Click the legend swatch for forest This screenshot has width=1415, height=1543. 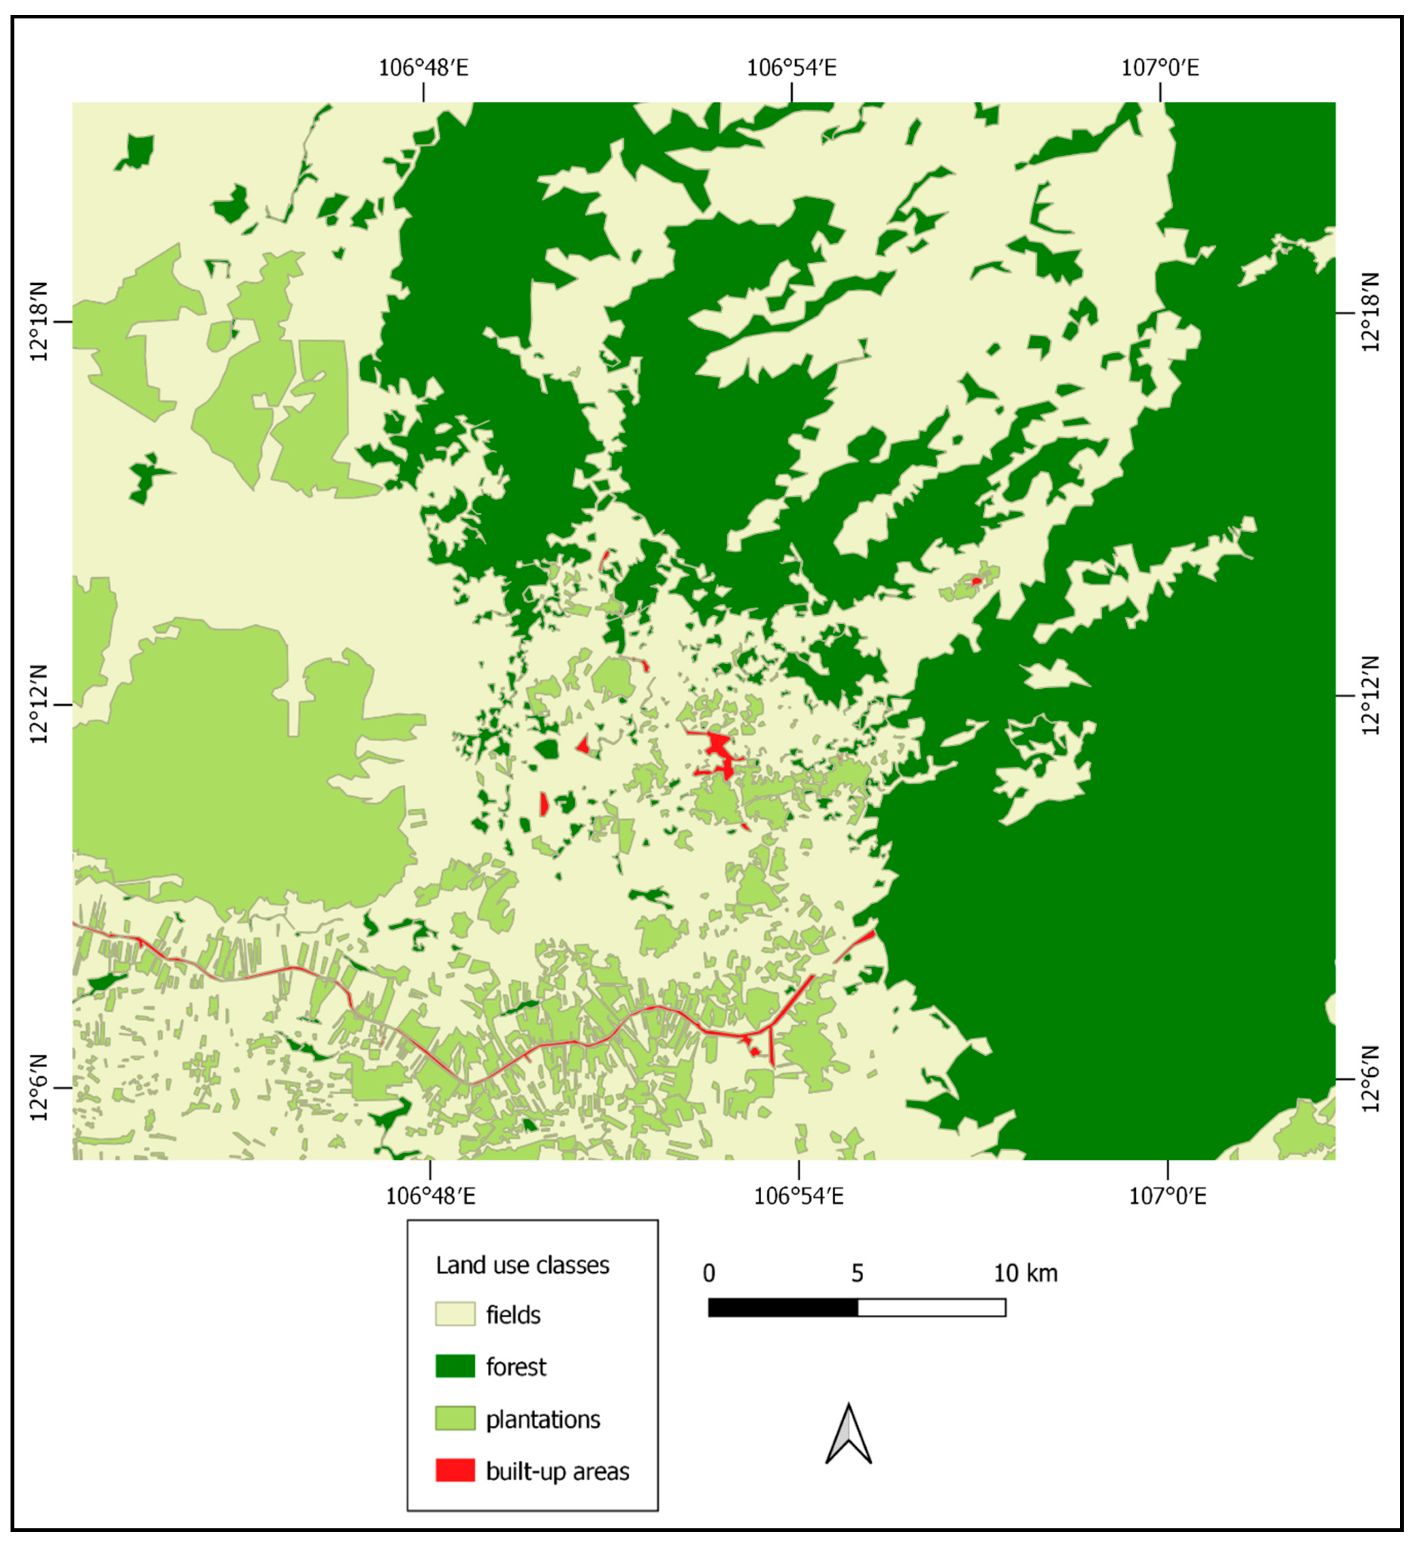pyautogui.click(x=455, y=1366)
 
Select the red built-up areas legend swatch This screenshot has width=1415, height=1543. pyautogui.click(x=455, y=1471)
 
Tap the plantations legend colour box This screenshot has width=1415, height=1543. pyautogui.click(x=455, y=1419)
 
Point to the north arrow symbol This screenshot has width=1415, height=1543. pyautogui.click(x=848, y=1434)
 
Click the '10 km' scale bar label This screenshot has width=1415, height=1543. pyautogui.click(x=1025, y=1273)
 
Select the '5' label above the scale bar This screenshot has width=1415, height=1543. pyautogui.click(x=857, y=1273)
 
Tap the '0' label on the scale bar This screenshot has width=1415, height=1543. pyautogui.click(x=709, y=1273)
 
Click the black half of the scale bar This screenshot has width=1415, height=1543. pyautogui.click(x=782, y=1307)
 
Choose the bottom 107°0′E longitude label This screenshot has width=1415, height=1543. pyautogui.click(x=1167, y=1196)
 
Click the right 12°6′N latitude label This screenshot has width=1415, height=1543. pyautogui.click(x=1370, y=1079)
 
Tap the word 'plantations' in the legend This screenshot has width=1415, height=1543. pyautogui.click(x=543, y=1419)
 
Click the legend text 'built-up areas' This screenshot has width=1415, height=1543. pyautogui.click(x=558, y=1471)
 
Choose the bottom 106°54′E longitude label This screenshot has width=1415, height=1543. pyautogui.click(x=798, y=1196)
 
